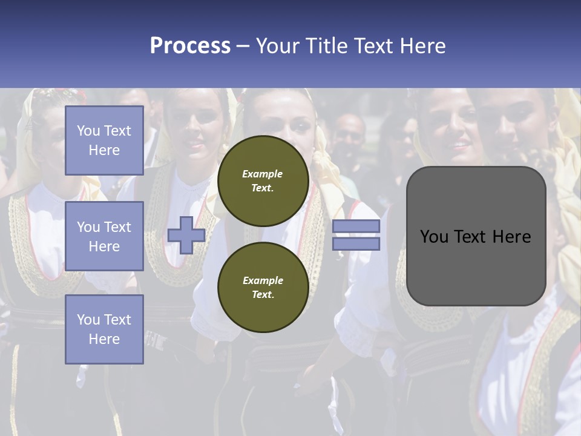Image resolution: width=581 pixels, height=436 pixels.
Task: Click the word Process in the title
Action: [190, 46]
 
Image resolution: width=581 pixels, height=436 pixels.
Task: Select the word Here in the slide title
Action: [422, 46]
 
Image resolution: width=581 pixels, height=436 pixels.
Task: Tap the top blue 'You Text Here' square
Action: [104, 140]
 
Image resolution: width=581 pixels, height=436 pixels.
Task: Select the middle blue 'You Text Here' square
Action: [104, 236]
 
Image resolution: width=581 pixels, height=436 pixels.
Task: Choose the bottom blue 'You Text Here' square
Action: [104, 329]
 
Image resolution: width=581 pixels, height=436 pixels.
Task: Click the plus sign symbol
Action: [186, 236]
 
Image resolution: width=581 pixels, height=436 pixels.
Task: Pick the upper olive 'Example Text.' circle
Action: [263, 181]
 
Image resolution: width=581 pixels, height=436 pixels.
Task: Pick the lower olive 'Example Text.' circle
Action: [263, 288]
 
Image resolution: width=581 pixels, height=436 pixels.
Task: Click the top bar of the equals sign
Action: [356, 226]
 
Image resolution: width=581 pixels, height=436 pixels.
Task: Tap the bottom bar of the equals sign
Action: [356, 244]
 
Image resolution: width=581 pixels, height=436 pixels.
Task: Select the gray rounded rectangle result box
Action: [476, 266]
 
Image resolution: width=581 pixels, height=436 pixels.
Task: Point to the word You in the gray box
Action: [434, 237]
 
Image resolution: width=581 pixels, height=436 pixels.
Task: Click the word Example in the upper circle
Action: [263, 174]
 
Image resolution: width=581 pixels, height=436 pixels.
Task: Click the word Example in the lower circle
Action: [263, 281]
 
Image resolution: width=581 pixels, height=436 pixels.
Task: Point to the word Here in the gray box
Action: [512, 237]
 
